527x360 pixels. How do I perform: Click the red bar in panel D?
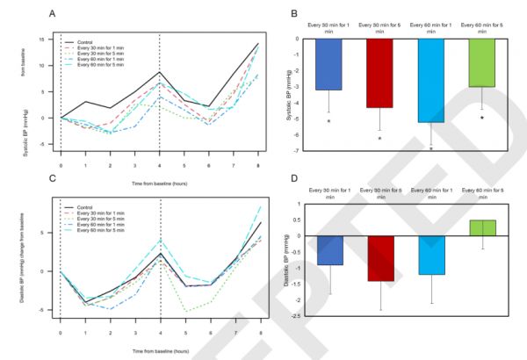click(379, 258)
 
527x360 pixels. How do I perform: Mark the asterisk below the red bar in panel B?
click(379, 139)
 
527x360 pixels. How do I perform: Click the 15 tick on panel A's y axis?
click(43, 40)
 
